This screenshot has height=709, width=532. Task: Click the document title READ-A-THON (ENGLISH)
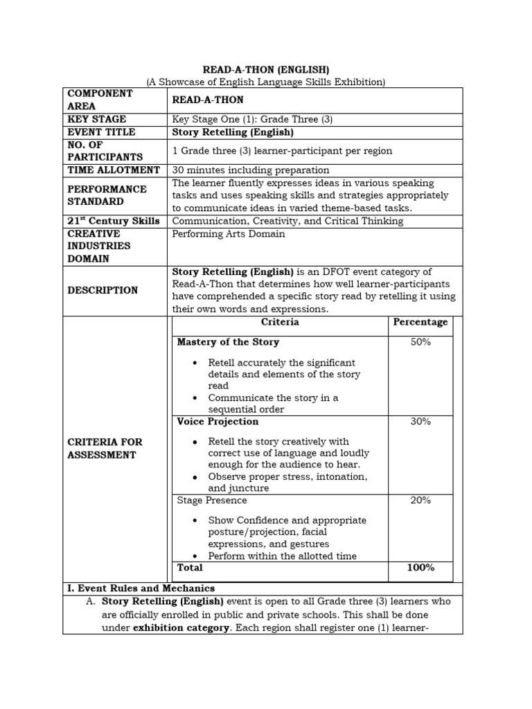pyautogui.click(x=265, y=70)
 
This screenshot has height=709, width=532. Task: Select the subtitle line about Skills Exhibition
pyautogui.click(x=265, y=82)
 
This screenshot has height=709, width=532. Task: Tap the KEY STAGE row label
pyautogui.click(x=97, y=119)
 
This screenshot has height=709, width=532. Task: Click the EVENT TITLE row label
pyautogui.click(x=101, y=132)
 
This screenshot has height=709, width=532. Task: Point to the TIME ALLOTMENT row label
pyautogui.click(x=114, y=170)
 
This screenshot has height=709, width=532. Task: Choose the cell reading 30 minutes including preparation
pyautogui.click(x=251, y=170)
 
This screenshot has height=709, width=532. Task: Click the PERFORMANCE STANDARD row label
pyautogui.click(x=107, y=195)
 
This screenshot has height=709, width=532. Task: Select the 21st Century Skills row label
pyautogui.click(x=114, y=222)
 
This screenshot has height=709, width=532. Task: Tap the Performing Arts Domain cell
pyautogui.click(x=228, y=234)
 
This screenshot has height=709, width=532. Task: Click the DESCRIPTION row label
pyautogui.click(x=103, y=291)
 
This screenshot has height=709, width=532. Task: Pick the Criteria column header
pyautogui.click(x=280, y=323)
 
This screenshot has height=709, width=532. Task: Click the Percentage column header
pyautogui.click(x=420, y=323)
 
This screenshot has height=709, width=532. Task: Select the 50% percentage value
pyautogui.click(x=420, y=343)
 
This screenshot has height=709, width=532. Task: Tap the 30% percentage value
pyautogui.click(x=420, y=422)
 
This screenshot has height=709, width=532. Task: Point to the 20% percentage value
pyautogui.click(x=420, y=501)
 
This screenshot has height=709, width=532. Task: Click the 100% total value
pyautogui.click(x=420, y=568)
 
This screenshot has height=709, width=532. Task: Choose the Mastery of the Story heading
pyautogui.click(x=229, y=343)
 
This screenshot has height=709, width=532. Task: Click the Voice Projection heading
pyautogui.click(x=218, y=422)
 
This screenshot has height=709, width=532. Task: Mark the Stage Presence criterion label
pyautogui.click(x=212, y=501)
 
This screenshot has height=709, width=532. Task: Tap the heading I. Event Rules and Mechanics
pyautogui.click(x=141, y=589)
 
